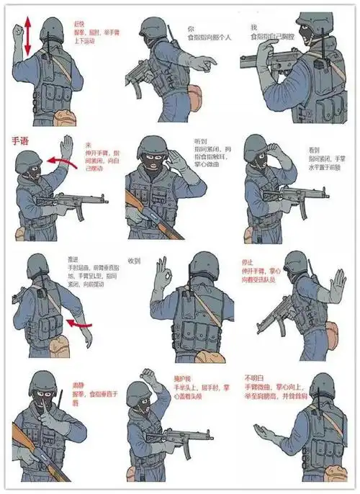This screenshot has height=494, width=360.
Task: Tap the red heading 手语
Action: (x=20, y=142)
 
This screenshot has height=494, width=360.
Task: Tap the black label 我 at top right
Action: (x=253, y=27)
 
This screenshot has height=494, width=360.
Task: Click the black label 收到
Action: (x=134, y=261)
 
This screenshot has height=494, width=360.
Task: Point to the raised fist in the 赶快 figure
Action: (x=17, y=32)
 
